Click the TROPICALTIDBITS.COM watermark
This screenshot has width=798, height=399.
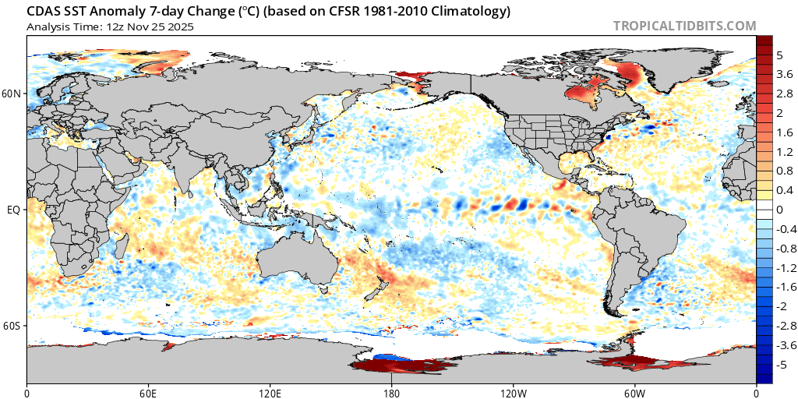pos(684,26)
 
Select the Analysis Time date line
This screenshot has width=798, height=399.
pos(110,26)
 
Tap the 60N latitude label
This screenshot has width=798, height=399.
pos(12,94)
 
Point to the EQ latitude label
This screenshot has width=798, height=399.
pos(14,210)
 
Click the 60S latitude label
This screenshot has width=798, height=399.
pos(12,325)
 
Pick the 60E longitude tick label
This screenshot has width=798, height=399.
pos(148,391)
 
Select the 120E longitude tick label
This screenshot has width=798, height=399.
pos(270,391)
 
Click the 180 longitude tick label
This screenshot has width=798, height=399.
pos(391,391)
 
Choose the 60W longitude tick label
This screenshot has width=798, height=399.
pos(634,391)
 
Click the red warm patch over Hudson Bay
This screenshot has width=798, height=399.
pos(580,97)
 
